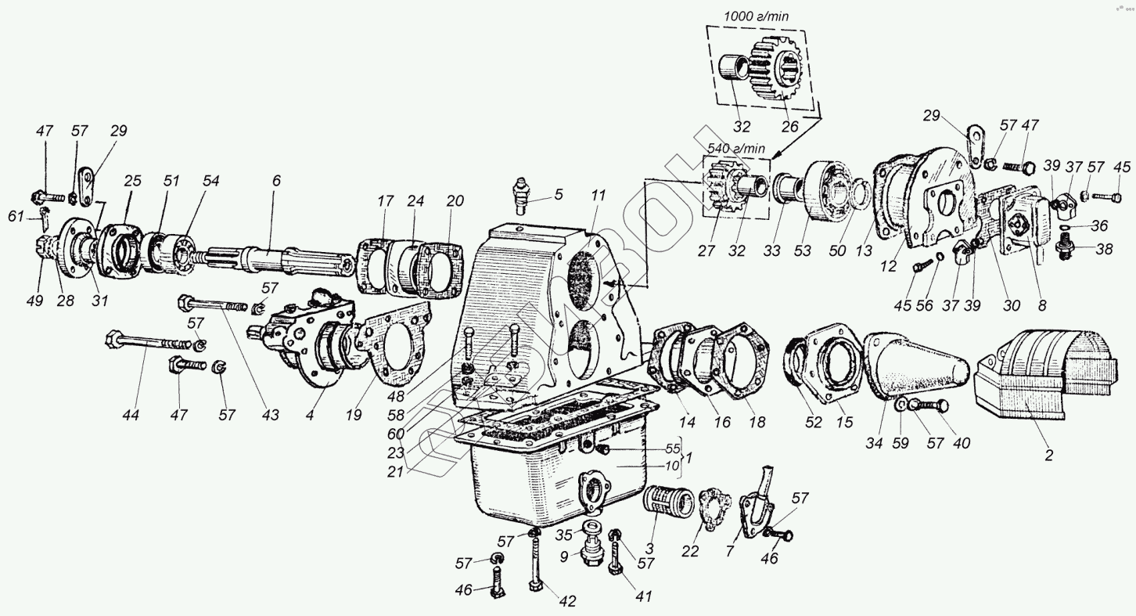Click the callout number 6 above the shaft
276,180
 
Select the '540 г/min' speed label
735,148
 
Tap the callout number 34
874,443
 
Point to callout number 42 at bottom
566,601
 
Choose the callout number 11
599,196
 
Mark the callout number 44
131,416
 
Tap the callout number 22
690,551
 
